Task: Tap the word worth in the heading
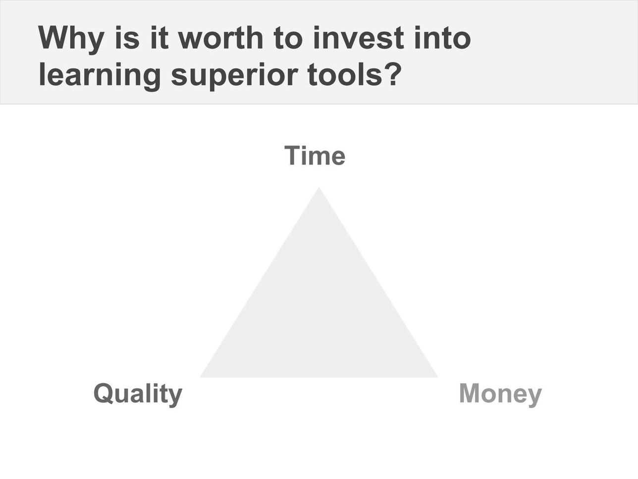click(x=220, y=38)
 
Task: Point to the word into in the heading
click(x=442, y=38)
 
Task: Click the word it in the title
click(x=159, y=38)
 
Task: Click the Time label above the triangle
click(x=315, y=156)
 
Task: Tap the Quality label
click(x=138, y=394)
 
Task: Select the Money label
click(x=500, y=394)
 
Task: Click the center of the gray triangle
click(x=319, y=314)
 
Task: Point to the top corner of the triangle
click(x=319, y=187)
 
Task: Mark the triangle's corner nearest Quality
click(x=200, y=377)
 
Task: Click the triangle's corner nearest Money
click(x=438, y=377)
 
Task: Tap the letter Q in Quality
click(x=105, y=394)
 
